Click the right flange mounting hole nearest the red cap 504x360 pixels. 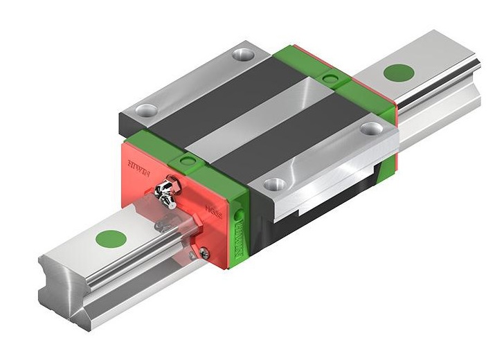276,185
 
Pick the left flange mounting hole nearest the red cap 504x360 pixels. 146,109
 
